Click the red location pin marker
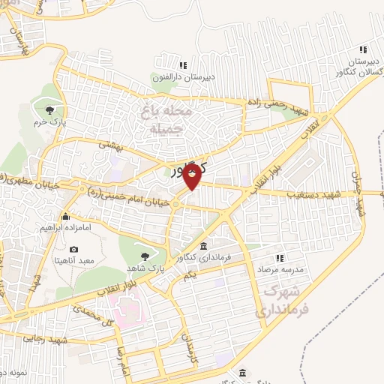[192, 176]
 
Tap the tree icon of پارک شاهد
[145, 256]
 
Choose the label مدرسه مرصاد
[280, 268]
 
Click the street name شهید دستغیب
[316, 194]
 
